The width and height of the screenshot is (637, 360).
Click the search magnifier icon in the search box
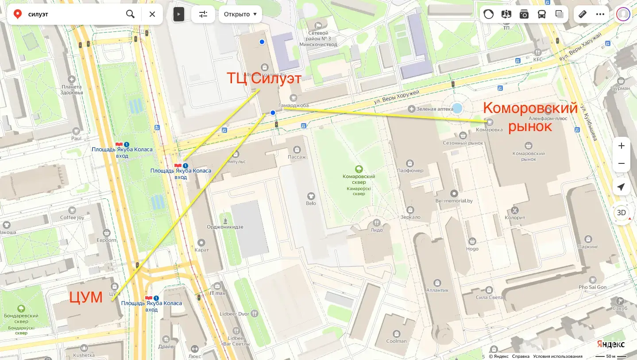coord(130,14)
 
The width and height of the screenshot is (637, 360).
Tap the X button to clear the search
coord(152,14)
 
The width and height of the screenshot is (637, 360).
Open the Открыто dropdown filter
coord(240,14)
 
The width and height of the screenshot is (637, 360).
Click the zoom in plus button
coord(622,146)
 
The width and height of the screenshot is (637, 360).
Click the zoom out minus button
coord(622,163)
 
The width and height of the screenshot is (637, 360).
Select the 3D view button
coord(622,213)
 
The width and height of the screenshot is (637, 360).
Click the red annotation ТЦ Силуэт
coord(264,79)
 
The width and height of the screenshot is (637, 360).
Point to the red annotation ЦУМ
coord(86,297)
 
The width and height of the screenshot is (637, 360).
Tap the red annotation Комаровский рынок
coord(530,117)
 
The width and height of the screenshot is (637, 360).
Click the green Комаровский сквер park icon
coord(359,169)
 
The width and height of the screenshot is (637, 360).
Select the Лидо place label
coord(377,230)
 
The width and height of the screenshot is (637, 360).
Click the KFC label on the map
coord(538,59)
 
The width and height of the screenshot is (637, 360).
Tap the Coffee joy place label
coord(72,217)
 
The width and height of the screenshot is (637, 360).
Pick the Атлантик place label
coord(437,290)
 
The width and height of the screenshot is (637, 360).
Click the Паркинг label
coord(588,246)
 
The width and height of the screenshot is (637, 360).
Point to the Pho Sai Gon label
coord(592,287)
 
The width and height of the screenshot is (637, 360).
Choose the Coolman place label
coord(396,341)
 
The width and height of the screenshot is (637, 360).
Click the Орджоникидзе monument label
coord(225,227)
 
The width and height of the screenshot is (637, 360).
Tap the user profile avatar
coord(623,14)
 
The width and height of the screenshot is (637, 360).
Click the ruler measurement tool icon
coord(582,14)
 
